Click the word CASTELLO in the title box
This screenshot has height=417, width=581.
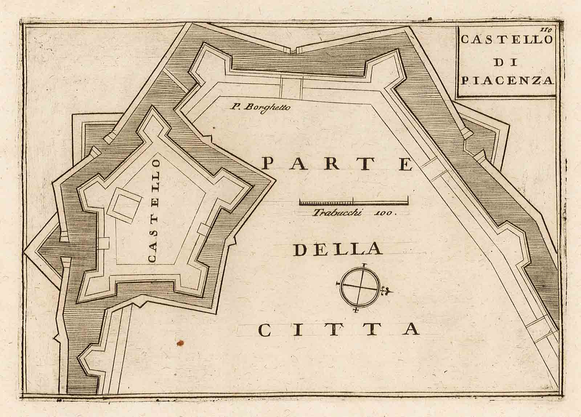coord(506,40)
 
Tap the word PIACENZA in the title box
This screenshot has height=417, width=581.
coord(507,80)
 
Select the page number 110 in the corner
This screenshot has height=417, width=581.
coord(546,30)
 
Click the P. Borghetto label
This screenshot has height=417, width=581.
coord(258,107)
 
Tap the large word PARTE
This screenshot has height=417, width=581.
coord(338,164)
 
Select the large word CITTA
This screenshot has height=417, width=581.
coord(339,329)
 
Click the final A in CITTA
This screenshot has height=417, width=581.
coord(412,329)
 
